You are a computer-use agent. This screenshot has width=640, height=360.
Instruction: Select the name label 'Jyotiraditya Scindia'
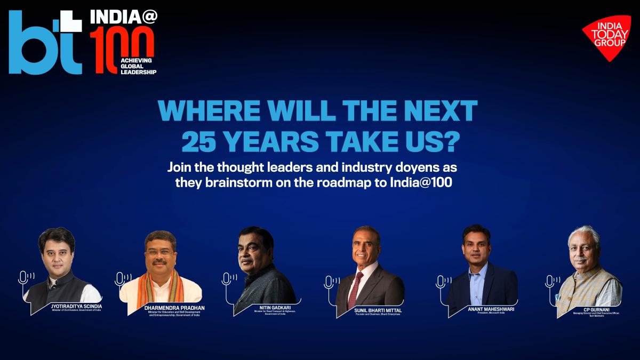coord(75,307)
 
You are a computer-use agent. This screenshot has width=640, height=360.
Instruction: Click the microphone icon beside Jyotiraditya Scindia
coord(24,278)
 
